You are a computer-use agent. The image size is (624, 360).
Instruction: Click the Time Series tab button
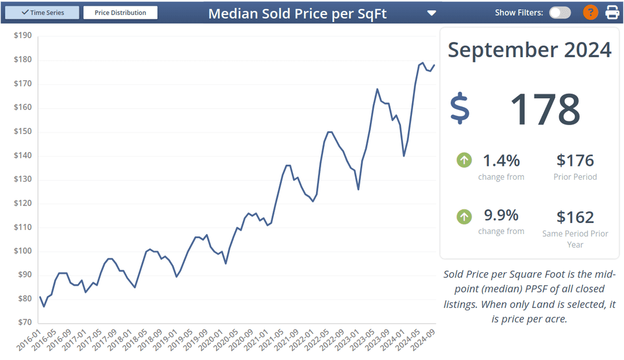(x=42, y=12)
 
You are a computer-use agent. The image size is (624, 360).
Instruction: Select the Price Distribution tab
(x=120, y=12)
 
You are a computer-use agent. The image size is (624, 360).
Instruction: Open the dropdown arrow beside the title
(x=431, y=13)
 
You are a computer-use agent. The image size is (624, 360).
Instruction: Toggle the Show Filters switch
(x=559, y=12)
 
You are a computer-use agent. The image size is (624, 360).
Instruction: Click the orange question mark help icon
(x=590, y=12)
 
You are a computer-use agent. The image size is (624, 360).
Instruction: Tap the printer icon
(x=612, y=12)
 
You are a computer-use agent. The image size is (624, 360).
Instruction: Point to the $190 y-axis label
(x=23, y=35)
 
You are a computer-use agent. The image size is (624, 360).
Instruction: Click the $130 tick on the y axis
(x=23, y=179)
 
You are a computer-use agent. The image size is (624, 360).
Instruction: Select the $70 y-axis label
(x=23, y=322)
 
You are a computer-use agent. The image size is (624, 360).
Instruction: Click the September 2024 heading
(x=529, y=50)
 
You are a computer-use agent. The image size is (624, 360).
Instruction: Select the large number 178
(x=545, y=109)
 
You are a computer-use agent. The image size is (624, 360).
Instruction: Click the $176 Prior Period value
(x=575, y=161)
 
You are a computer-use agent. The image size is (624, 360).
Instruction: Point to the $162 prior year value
(x=575, y=217)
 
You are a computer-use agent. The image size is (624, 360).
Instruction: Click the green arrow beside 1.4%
(x=464, y=160)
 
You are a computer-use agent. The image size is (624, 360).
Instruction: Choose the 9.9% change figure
(x=501, y=216)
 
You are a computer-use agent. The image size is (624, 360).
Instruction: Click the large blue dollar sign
(x=460, y=109)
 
